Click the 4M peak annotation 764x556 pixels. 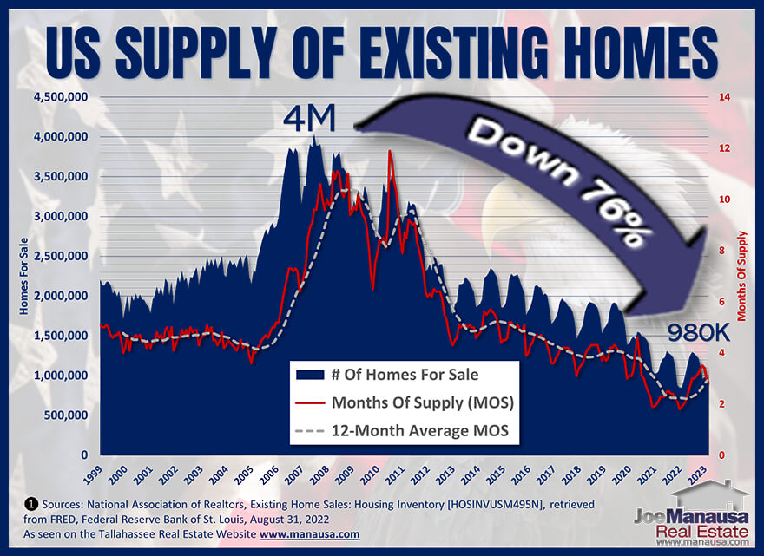tap(309, 119)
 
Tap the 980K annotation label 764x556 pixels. tap(698, 333)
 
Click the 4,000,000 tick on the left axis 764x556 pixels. tap(61, 137)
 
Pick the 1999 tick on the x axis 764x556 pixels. tap(92, 474)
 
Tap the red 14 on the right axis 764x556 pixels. tap(725, 97)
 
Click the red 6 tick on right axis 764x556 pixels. tap(722, 302)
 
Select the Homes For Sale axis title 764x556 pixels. tap(23, 276)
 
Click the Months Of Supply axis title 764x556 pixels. tap(741, 276)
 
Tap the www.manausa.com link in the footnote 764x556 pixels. tap(309, 534)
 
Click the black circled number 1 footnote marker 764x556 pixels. tap(30, 504)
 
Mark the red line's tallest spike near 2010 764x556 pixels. tap(390, 151)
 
